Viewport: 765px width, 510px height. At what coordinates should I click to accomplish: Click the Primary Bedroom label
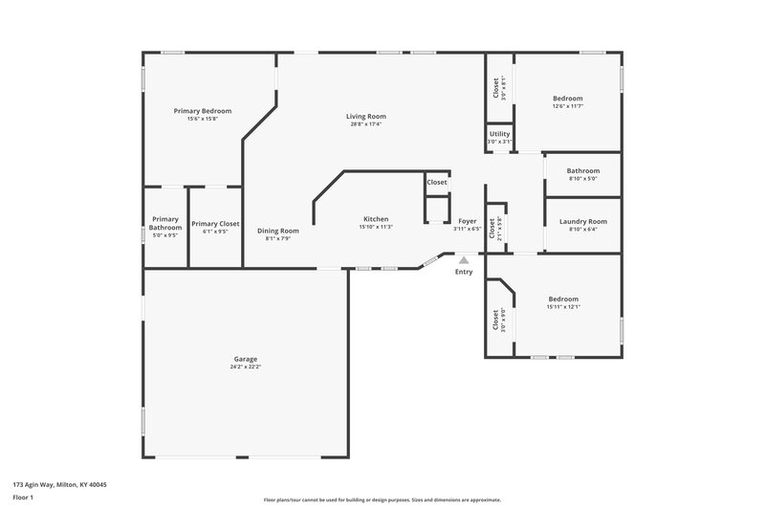point(202,111)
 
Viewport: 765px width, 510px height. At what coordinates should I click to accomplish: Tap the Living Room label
point(365,117)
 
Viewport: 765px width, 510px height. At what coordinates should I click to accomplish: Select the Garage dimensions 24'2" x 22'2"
point(245,366)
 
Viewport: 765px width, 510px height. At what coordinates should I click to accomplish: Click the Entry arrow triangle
point(464,259)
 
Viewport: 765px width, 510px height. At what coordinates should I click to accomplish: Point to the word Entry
point(464,272)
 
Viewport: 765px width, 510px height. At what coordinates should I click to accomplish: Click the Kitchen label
point(376,218)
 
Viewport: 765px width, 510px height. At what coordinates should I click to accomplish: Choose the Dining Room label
point(278,231)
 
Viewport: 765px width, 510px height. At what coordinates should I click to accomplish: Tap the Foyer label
point(467,221)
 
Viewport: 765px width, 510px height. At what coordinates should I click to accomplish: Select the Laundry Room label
point(582,222)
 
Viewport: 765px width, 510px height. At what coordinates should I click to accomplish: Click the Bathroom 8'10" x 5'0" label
point(582,170)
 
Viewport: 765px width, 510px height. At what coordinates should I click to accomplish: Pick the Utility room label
point(499,134)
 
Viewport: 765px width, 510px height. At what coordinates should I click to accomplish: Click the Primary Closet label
point(215,224)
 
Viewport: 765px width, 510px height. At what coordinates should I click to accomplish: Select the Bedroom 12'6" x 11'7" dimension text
point(567,106)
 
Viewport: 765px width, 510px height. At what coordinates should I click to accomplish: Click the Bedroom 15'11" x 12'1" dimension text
point(563,307)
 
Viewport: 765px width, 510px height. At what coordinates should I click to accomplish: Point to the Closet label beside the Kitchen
point(437,182)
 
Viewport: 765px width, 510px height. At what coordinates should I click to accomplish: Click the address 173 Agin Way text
point(59,485)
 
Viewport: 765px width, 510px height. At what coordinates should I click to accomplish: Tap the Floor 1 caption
point(24,499)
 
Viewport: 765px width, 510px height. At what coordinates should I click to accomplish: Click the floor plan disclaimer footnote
point(382,499)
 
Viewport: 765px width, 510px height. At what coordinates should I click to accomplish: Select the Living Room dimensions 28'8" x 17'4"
point(365,124)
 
